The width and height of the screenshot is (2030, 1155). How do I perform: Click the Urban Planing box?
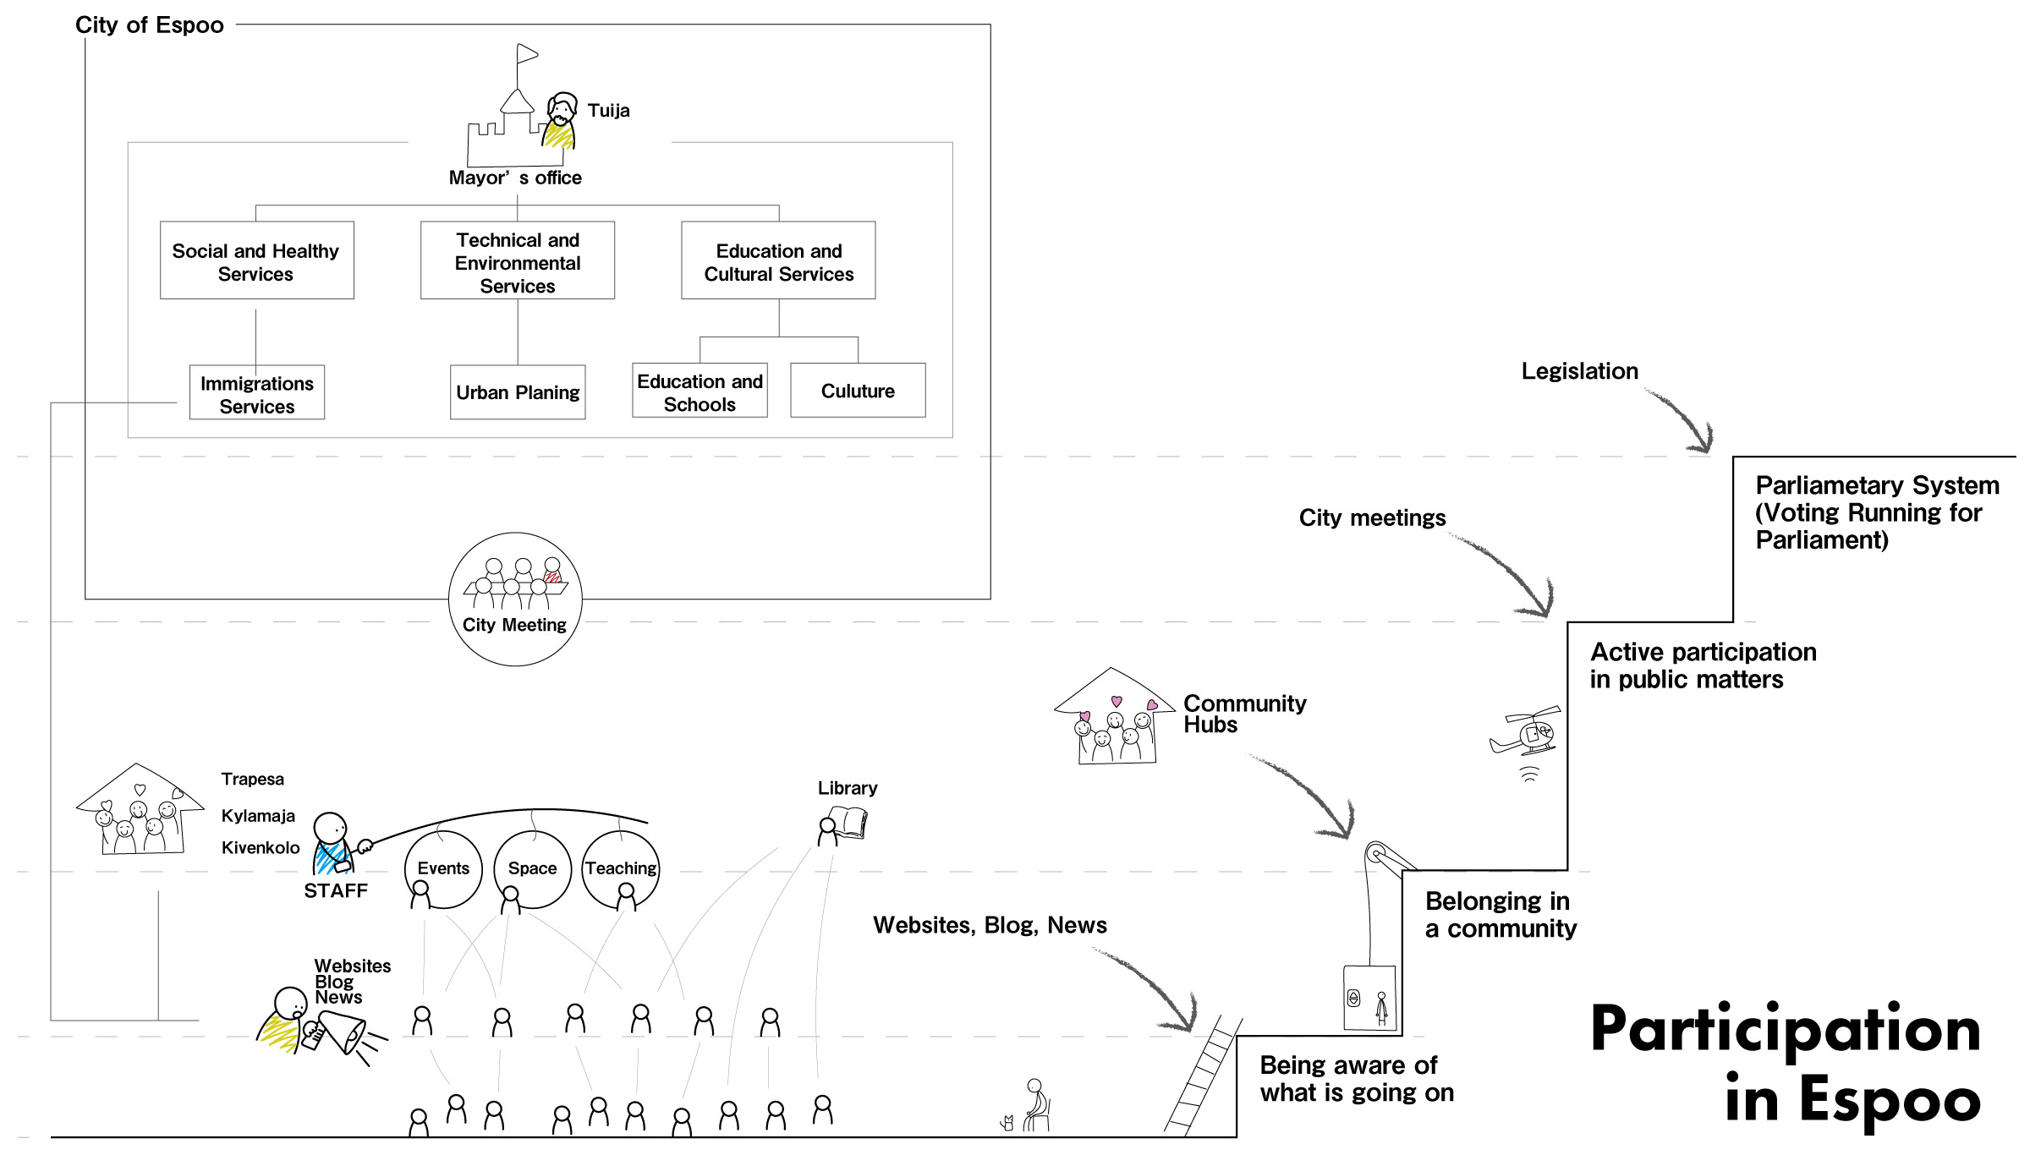(518, 391)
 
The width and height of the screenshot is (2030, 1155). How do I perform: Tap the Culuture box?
(858, 391)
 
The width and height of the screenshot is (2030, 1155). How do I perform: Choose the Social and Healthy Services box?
(256, 260)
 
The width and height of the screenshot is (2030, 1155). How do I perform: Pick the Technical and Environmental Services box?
(518, 260)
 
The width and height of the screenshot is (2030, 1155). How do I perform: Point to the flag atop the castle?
(527, 54)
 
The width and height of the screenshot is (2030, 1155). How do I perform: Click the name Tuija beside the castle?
(608, 111)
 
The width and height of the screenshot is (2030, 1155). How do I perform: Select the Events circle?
(443, 868)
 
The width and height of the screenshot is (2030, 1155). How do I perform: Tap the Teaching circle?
(621, 868)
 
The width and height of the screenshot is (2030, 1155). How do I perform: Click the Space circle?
(532, 868)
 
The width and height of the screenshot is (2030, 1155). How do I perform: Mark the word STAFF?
(336, 891)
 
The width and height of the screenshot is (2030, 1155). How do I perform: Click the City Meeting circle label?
(514, 625)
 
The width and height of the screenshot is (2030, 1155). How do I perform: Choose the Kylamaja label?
(258, 816)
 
